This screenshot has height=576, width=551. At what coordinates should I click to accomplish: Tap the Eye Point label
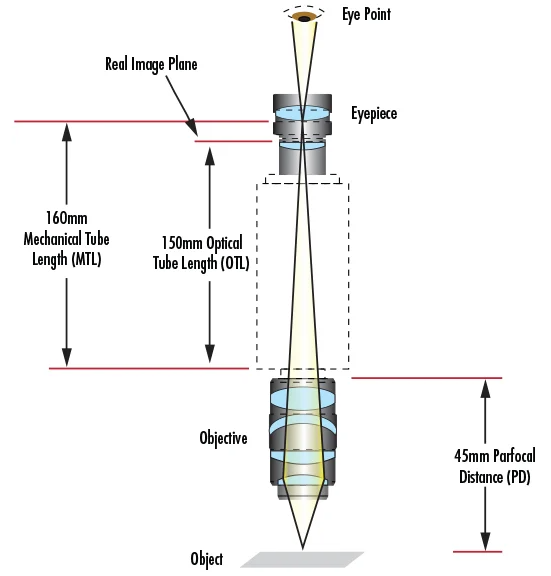click(366, 15)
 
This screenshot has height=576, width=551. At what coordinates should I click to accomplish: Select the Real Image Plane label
click(151, 64)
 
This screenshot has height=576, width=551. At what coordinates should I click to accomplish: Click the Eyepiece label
click(374, 114)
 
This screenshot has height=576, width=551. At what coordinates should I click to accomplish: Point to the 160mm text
click(67, 218)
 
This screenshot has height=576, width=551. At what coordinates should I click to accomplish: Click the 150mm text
click(182, 243)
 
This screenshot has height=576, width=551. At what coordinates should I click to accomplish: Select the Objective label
click(223, 438)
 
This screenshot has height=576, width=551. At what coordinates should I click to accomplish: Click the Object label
click(206, 559)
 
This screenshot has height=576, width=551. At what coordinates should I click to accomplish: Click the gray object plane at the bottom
click(302, 559)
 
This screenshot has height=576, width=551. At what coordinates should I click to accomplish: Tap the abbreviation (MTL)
click(86, 260)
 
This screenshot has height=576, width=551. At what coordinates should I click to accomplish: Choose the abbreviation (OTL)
click(235, 263)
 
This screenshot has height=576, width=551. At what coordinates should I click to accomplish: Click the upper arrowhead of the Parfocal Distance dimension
click(486, 388)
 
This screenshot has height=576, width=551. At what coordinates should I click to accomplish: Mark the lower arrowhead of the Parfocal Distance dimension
click(486, 542)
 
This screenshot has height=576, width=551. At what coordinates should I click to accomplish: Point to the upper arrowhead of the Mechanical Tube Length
click(66, 132)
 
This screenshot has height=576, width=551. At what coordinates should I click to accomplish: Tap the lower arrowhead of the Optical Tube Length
click(210, 354)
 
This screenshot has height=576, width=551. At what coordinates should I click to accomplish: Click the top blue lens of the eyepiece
click(302, 113)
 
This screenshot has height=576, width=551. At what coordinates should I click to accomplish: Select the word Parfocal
click(514, 456)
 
